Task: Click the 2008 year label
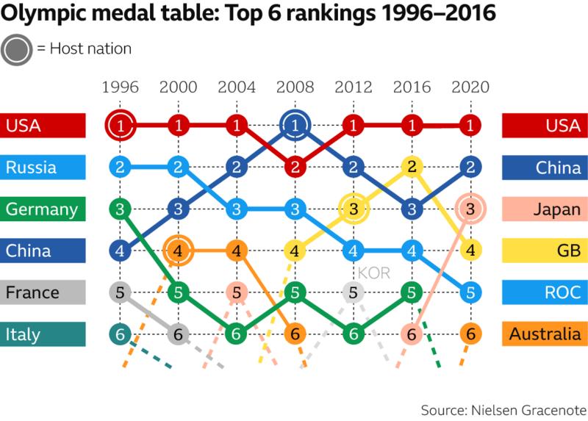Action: pos(295,87)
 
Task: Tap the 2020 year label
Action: pos(470,87)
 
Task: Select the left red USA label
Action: pos(43,126)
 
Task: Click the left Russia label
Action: pos(43,168)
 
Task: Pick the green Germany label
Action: pos(43,209)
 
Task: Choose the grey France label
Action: pos(43,292)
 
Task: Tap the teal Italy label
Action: pos(43,334)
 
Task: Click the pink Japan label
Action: pos(545,209)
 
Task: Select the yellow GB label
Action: pos(545,251)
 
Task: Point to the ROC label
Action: pos(545,292)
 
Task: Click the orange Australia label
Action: pos(545,334)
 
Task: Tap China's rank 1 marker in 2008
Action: pos(295,126)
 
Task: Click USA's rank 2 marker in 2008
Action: pos(295,168)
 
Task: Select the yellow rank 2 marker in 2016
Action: pos(412,168)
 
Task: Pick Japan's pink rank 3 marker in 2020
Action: pos(470,209)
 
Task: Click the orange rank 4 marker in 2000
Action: pos(178,251)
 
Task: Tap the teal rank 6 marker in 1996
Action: pos(120,334)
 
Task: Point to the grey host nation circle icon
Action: pos(16,49)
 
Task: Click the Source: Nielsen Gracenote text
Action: pos(503,409)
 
